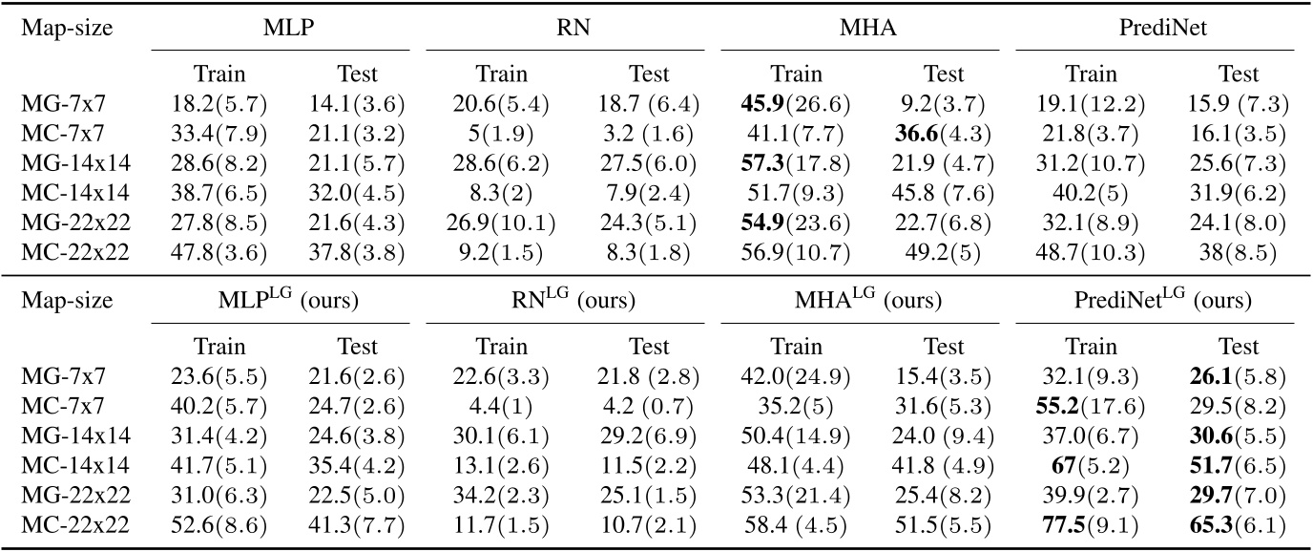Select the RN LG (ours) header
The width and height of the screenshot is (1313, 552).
[x=567, y=300]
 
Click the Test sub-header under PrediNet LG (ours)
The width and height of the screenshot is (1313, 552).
[x=1240, y=347]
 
